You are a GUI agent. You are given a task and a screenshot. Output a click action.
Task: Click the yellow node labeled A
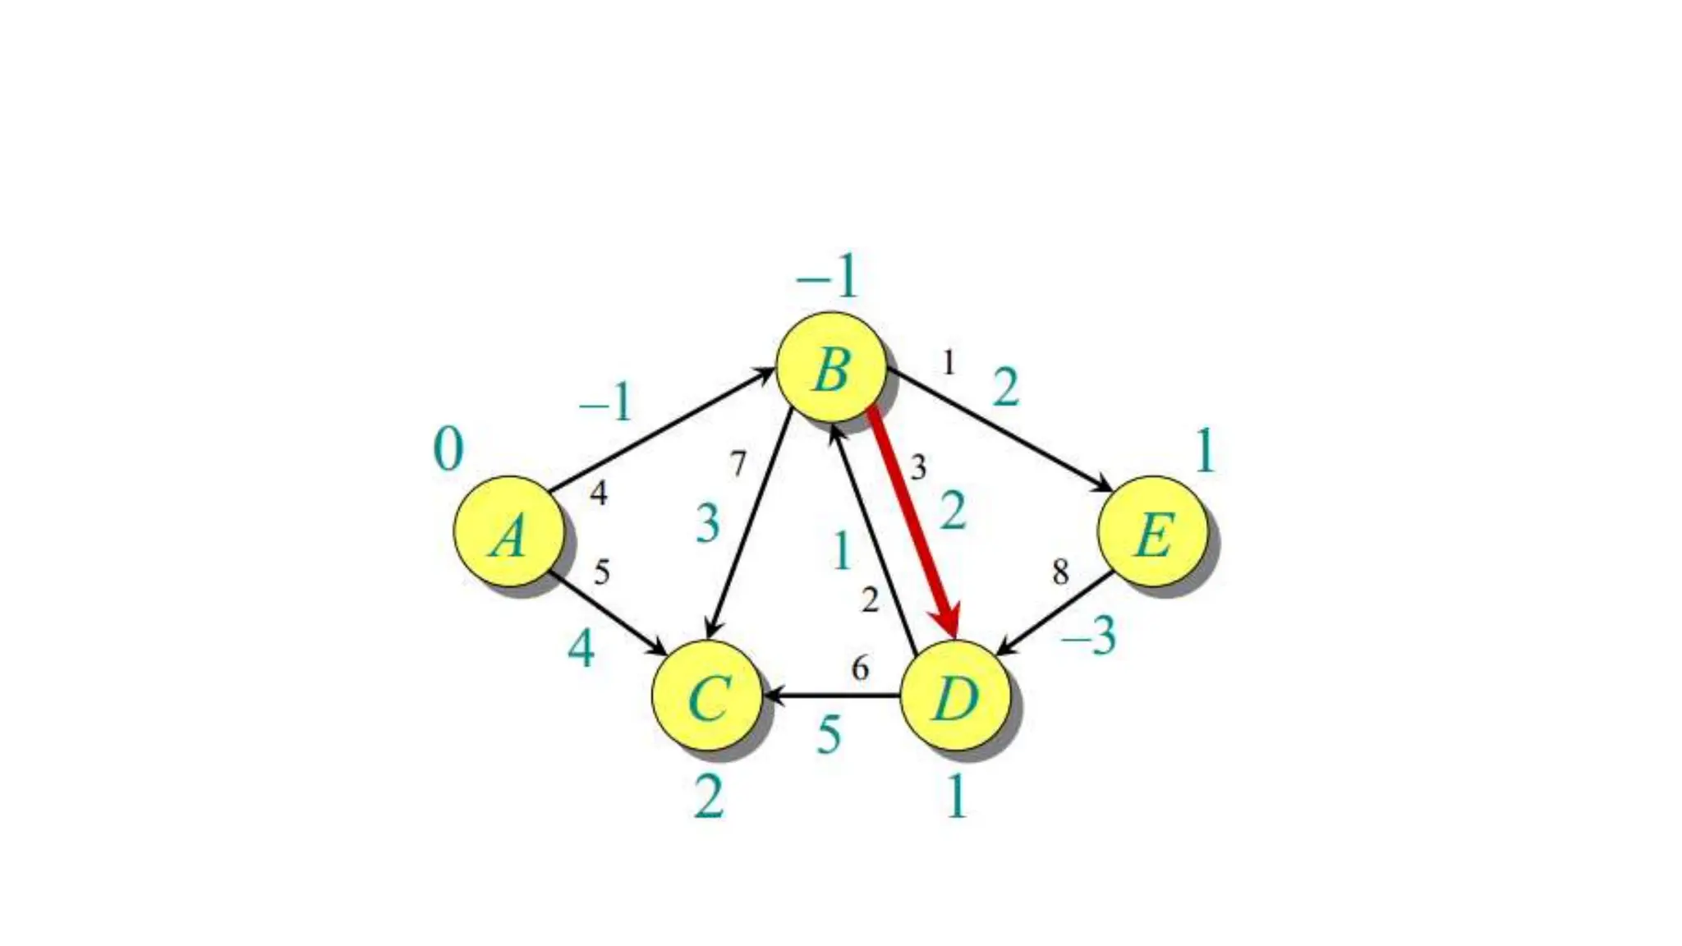click(509, 531)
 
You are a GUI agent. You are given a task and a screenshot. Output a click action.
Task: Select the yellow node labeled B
click(831, 367)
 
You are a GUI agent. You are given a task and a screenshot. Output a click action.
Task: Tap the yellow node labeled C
click(707, 696)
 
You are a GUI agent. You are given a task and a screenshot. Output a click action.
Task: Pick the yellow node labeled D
click(955, 696)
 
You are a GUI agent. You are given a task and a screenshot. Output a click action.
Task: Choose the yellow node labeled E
click(1153, 531)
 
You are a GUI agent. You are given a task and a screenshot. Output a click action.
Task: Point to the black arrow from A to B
click(661, 431)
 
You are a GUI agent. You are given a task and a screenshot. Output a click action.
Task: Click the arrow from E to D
click(1055, 613)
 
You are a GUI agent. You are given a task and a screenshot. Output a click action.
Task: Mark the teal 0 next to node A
click(448, 450)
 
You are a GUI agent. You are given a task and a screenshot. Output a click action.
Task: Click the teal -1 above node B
click(827, 277)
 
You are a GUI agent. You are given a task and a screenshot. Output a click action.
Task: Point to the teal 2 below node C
click(709, 797)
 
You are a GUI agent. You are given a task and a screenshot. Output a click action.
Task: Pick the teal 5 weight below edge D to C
click(830, 734)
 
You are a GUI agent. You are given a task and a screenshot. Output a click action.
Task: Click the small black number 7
click(738, 465)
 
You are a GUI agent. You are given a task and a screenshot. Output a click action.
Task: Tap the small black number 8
click(1060, 572)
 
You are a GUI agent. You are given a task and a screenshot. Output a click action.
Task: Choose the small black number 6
click(860, 668)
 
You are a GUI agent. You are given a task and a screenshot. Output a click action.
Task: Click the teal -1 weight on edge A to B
click(606, 403)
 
